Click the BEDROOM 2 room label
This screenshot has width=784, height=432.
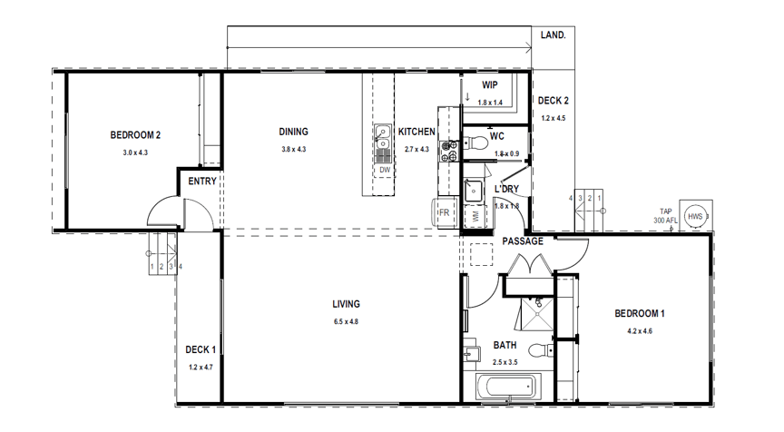135,135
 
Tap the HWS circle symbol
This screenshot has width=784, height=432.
695,216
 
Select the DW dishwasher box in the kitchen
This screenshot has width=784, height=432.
385,170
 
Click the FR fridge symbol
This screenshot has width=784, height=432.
445,213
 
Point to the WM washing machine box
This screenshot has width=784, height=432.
475,217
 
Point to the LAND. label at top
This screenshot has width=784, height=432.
553,35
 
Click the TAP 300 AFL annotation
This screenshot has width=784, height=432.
665,216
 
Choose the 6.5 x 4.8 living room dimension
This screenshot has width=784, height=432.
347,321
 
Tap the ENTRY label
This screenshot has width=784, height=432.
201,182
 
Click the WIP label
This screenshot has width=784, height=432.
490,84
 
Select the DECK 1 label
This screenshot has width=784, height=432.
201,349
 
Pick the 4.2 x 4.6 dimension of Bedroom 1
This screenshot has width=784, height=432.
639,331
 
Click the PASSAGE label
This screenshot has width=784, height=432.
523,241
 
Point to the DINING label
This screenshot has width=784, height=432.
293,132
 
